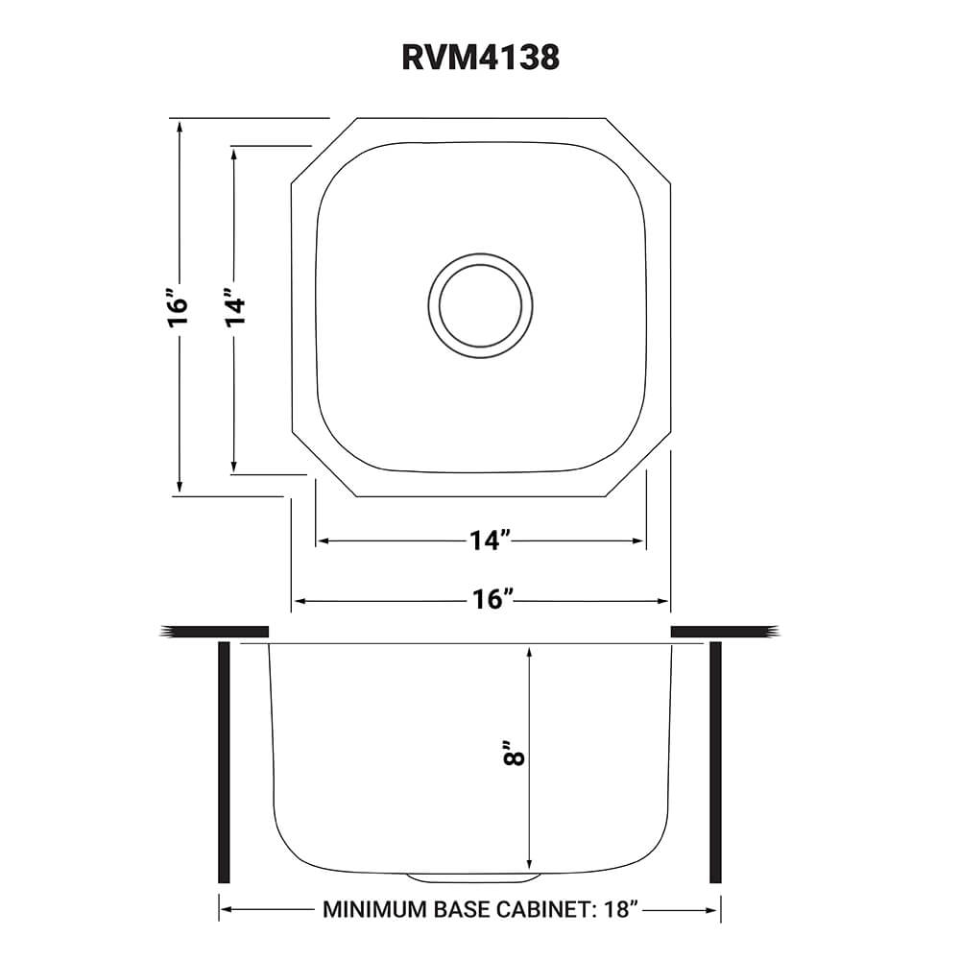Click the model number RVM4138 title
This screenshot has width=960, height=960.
480,58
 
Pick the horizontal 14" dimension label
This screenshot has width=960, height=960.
488,541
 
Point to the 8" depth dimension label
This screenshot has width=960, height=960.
516,754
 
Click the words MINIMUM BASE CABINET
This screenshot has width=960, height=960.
454,909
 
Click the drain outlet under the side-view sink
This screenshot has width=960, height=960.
470,877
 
